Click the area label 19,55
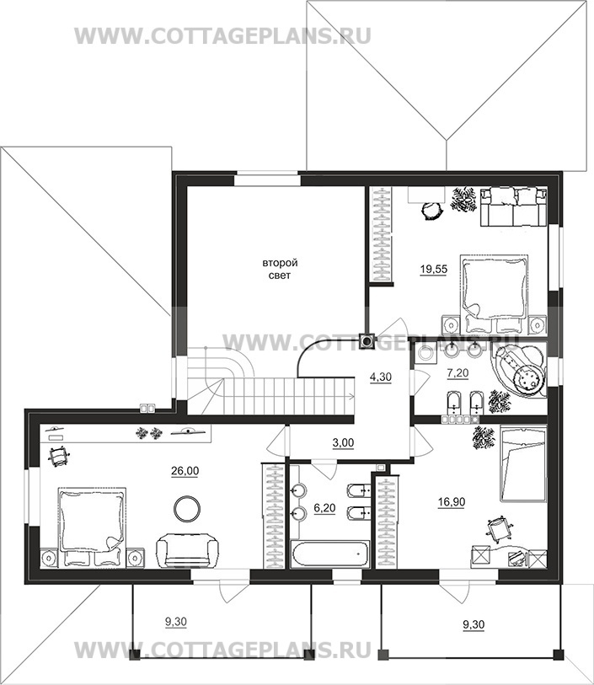pos(434,269)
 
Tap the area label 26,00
pos(185,470)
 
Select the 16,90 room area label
pos(452,502)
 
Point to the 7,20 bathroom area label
pos(458,372)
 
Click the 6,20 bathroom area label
pos(324,507)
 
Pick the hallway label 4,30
pos(381,377)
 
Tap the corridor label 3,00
pos(343,442)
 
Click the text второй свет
pos(280,269)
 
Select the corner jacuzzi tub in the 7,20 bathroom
pos(519,371)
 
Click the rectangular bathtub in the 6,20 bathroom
pos(330,554)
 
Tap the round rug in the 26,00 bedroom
pos(187,508)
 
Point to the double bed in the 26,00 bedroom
pos(93,527)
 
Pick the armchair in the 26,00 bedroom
pos(187,551)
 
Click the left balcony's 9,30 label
pos(175,622)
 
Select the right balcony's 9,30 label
pos(474,624)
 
